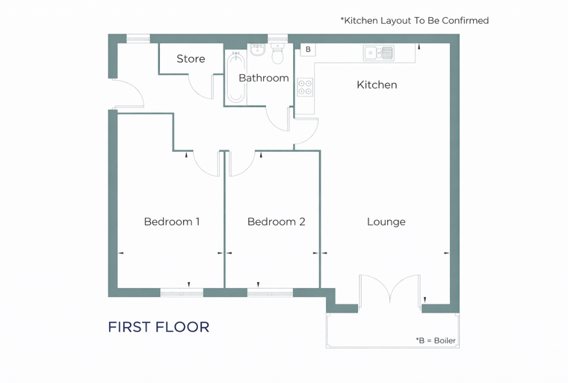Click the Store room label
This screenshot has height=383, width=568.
click(x=191, y=59)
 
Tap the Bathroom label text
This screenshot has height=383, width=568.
click(x=264, y=78)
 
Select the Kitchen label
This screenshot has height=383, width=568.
click(x=377, y=85)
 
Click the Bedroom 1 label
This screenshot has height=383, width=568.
click(x=172, y=221)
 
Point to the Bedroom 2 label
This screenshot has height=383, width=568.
click(x=277, y=221)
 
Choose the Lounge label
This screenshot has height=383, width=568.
click(x=386, y=222)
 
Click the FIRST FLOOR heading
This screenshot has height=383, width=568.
click(x=158, y=327)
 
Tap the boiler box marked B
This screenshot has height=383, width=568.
click(x=308, y=49)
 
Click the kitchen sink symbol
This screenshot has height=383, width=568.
click(x=379, y=53)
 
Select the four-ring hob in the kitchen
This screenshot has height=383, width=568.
click(x=305, y=88)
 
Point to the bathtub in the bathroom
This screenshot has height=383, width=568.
click(x=236, y=78)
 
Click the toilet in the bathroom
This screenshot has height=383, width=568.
click(x=277, y=54)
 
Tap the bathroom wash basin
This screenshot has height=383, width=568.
click(x=257, y=50)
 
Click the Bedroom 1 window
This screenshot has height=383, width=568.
click(x=182, y=292)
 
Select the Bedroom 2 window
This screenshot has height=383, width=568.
click(x=270, y=292)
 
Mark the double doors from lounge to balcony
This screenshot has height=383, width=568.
click(x=390, y=289)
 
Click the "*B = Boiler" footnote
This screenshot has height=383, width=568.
click(x=436, y=340)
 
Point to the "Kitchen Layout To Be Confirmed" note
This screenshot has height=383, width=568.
click(x=415, y=21)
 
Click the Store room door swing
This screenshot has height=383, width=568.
click(x=200, y=86)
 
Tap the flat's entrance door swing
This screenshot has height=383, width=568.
click(x=129, y=94)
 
